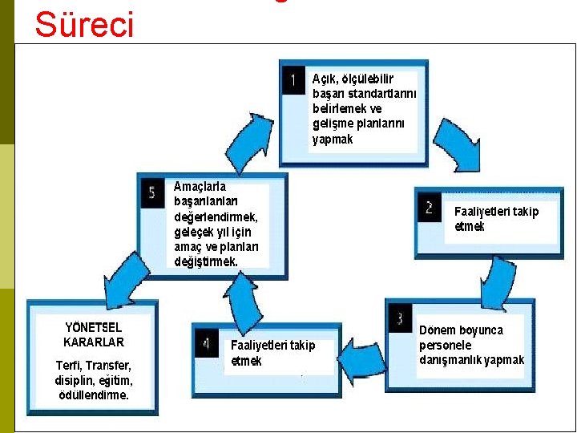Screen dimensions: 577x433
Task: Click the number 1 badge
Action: pyautogui.click(x=293, y=80)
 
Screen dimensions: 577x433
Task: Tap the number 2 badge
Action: pyautogui.click(x=430, y=208)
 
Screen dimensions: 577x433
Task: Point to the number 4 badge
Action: pyautogui.click(x=206, y=345)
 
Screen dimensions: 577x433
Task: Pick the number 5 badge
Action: pyautogui.click(x=151, y=192)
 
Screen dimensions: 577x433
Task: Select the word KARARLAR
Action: pyautogui.click(x=94, y=342)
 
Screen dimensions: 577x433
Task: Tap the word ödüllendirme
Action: pyautogui.click(x=94, y=395)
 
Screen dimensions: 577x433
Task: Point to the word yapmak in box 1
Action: pyautogui.click(x=333, y=139)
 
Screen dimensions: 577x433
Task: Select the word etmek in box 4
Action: pyautogui.click(x=246, y=361)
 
